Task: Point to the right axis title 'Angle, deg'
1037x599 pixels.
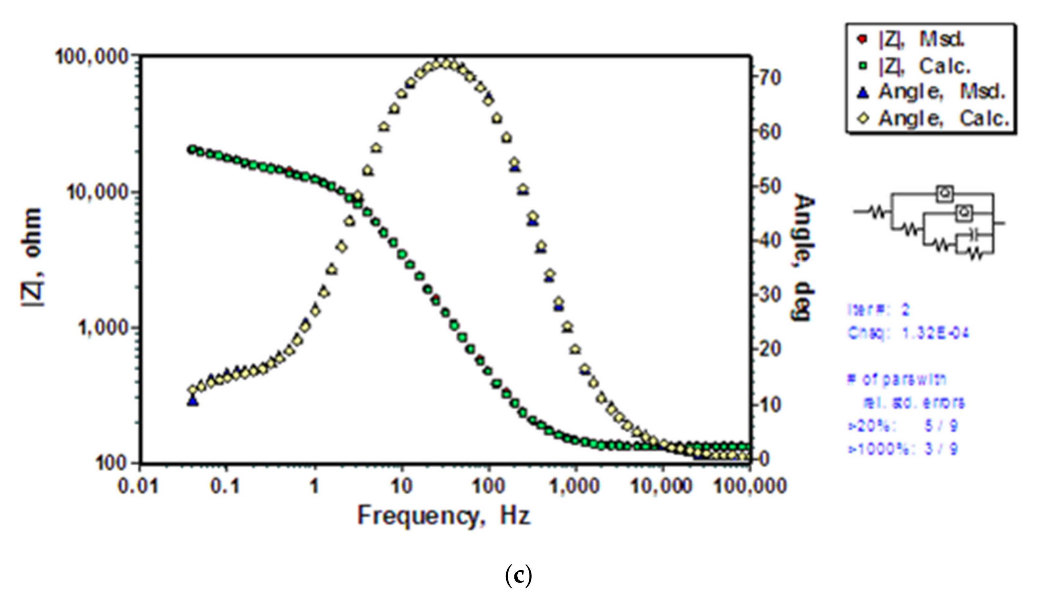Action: click(x=803, y=257)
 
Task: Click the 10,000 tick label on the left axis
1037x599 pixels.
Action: click(x=101, y=193)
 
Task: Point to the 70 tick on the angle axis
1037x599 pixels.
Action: click(x=768, y=78)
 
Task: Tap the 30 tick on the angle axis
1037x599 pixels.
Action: click(x=768, y=295)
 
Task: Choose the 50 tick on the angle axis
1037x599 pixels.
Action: click(x=768, y=186)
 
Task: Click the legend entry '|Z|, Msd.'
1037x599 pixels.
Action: click(x=921, y=39)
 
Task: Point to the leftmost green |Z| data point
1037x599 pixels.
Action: click(x=191, y=150)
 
